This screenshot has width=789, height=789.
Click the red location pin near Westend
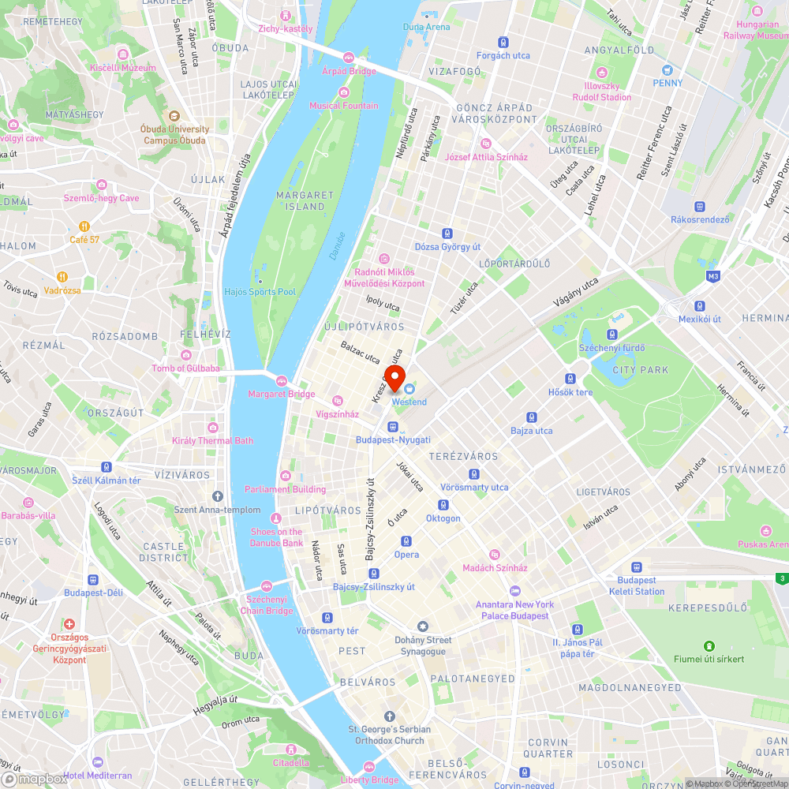(x=394, y=376)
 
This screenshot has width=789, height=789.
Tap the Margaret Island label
(x=300, y=200)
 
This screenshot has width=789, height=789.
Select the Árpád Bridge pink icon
(x=349, y=57)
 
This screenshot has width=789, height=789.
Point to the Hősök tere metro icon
(x=570, y=379)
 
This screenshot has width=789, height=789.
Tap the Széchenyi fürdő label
(x=612, y=348)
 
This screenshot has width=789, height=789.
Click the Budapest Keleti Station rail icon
(x=636, y=567)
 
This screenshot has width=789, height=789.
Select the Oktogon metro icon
(x=443, y=505)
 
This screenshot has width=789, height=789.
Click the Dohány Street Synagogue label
(x=423, y=645)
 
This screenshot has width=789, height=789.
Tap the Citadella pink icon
(x=291, y=750)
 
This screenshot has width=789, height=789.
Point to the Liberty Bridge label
(x=369, y=780)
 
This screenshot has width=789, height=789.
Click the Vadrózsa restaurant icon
(x=62, y=277)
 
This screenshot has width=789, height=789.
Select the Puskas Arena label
(x=762, y=544)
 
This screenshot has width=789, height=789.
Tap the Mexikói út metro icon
(x=699, y=306)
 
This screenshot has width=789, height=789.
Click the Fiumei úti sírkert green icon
(x=709, y=645)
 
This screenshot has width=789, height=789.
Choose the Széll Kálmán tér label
(x=106, y=481)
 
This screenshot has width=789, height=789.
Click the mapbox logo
(x=36, y=779)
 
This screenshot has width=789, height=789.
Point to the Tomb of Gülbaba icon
(x=185, y=355)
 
